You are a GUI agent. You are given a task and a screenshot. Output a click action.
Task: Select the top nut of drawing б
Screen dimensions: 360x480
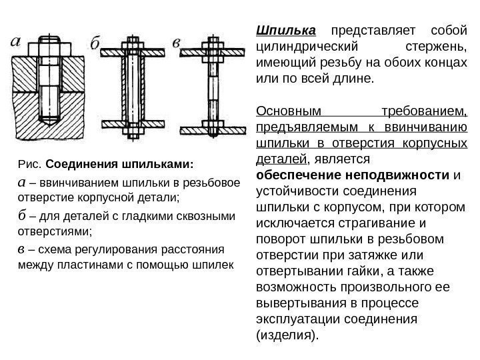131,45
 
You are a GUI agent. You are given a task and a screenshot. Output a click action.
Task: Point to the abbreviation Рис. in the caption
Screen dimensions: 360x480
27,164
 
